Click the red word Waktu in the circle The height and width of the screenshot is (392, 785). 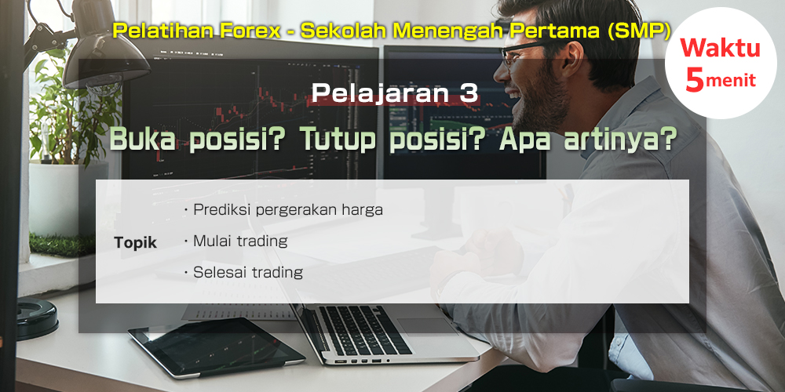[721, 49]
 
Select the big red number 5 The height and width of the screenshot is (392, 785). [695, 80]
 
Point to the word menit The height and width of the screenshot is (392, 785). [730, 81]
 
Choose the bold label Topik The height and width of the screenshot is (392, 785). [135, 243]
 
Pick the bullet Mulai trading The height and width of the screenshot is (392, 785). [235, 241]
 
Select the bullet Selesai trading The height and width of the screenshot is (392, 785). [243, 273]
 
